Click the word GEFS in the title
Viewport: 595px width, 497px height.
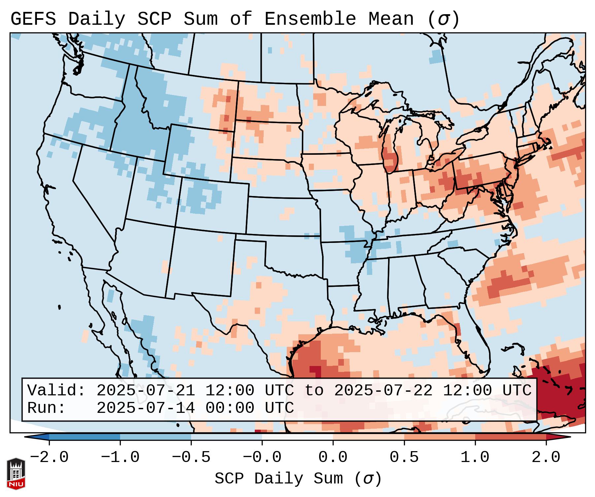click(x=33, y=19)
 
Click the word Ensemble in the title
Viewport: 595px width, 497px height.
click(x=310, y=19)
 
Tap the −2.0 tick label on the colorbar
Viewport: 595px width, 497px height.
click(x=49, y=457)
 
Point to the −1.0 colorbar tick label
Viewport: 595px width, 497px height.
click(x=120, y=457)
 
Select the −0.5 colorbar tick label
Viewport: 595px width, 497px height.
click(x=191, y=457)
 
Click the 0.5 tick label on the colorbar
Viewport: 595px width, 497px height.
click(x=404, y=457)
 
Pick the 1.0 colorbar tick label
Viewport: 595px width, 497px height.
click(x=475, y=457)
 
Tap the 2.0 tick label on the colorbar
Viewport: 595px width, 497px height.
click(x=546, y=457)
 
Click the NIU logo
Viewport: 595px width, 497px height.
click(x=16, y=473)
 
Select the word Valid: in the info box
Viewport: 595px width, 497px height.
click(x=56, y=391)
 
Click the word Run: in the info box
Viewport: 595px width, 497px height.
click(x=47, y=408)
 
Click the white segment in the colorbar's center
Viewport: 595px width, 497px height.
click(x=297, y=437)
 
